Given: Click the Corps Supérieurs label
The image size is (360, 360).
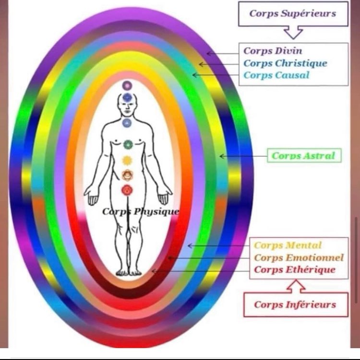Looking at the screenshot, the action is click(x=293, y=13).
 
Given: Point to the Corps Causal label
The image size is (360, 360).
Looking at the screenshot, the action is click(x=276, y=75).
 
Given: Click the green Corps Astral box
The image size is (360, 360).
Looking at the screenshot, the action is click(x=303, y=155).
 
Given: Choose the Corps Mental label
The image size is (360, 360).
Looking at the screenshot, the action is click(x=288, y=245).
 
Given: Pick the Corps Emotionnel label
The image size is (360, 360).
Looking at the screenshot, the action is click(x=299, y=258).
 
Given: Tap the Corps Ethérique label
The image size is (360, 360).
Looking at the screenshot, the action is click(x=294, y=270).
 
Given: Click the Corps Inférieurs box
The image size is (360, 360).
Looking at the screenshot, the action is click(x=295, y=304).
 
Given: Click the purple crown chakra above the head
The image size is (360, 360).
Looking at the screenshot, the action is click(x=127, y=85).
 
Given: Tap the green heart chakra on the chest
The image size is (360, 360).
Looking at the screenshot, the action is click(x=127, y=144).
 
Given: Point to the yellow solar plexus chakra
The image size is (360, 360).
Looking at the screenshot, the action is click(x=127, y=161).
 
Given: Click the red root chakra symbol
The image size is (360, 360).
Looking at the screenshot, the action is click(x=127, y=190).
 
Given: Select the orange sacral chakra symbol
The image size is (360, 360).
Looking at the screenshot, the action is click(x=127, y=175).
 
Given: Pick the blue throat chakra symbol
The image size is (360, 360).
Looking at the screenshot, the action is click(x=127, y=123).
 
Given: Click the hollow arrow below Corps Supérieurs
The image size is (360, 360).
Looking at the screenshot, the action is click(x=293, y=32).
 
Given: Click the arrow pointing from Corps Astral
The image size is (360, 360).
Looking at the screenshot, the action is click(x=242, y=156).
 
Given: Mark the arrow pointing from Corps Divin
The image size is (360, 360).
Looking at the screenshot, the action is click(x=223, y=53).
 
